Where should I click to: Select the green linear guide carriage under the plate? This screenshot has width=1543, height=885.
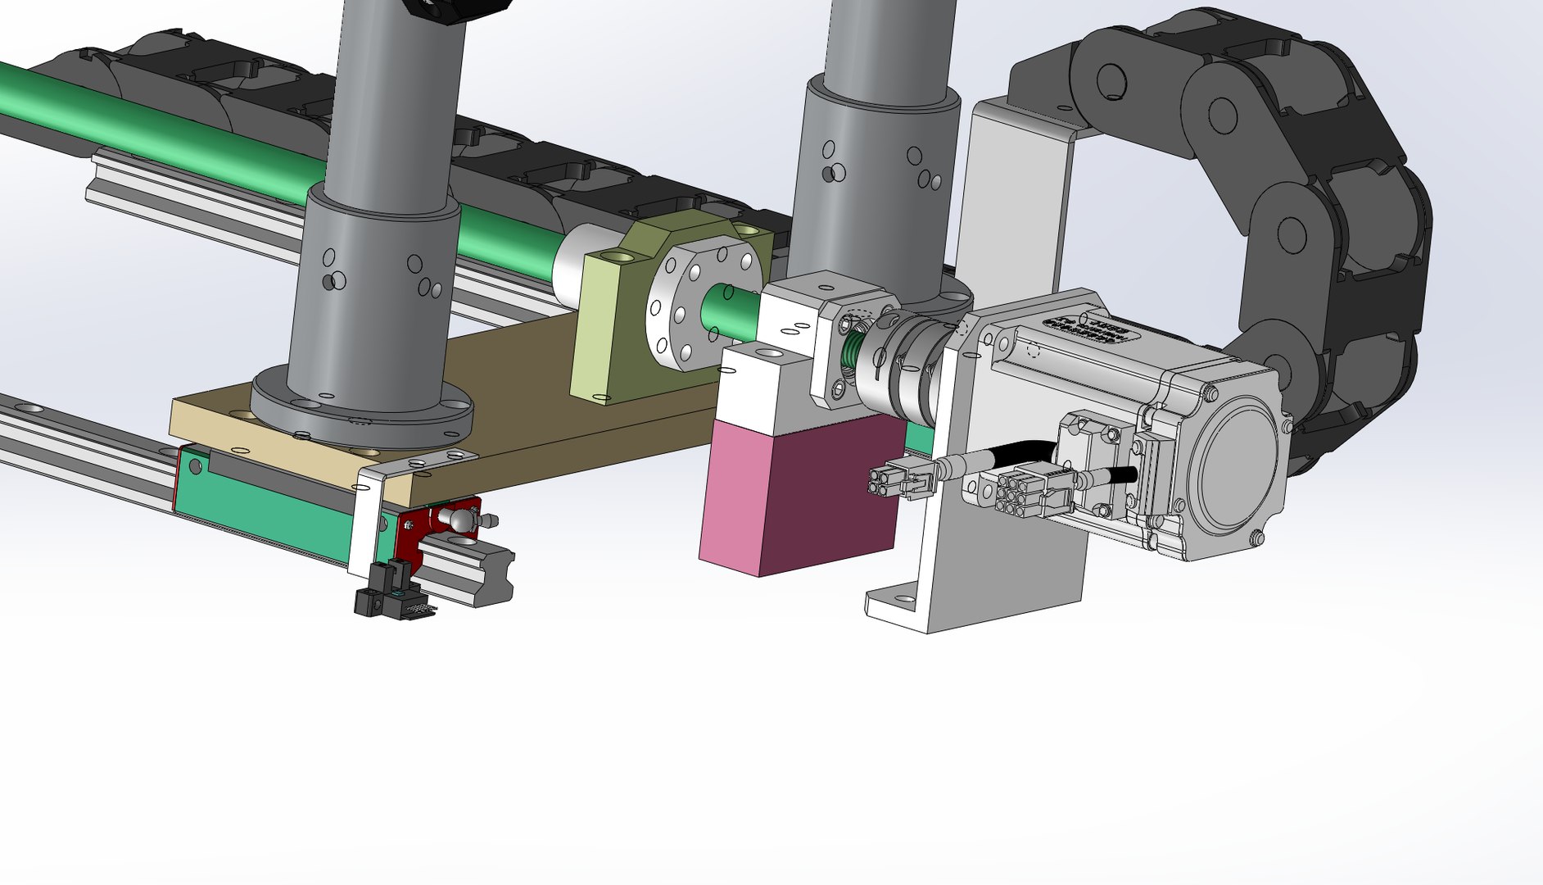point(270,500)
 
